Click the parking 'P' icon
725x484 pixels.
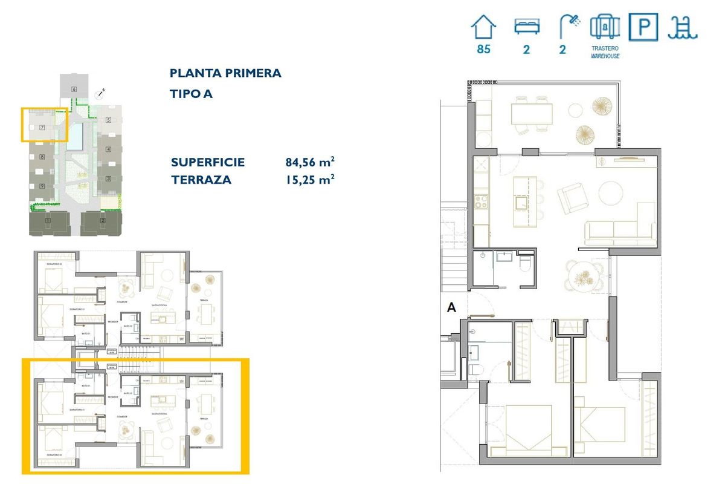pyautogui.click(x=643, y=28)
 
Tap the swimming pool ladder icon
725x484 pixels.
pyautogui.click(x=682, y=27)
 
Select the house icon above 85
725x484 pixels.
pyautogui.click(x=483, y=27)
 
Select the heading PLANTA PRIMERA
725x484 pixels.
pyautogui.click(x=225, y=73)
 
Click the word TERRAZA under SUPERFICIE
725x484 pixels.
pyautogui.click(x=201, y=180)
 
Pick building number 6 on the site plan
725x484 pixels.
pyautogui.click(x=74, y=89)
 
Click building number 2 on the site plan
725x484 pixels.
pyautogui.click(x=103, y=221)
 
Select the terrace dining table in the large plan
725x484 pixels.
pyautogui.click(x=532, y=113)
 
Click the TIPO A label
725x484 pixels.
pyautogui.click(x=191, y=94)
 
